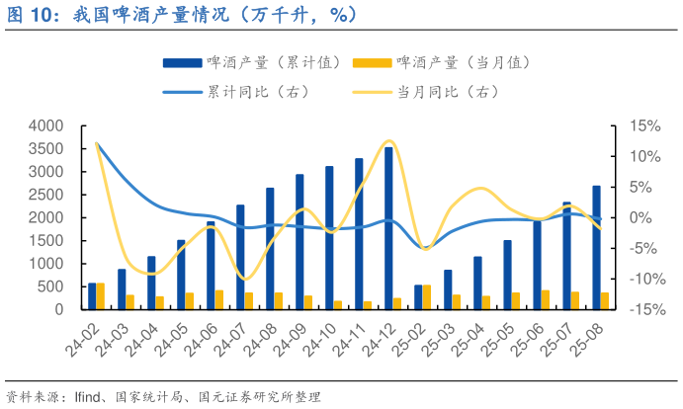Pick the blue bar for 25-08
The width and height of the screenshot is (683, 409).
click(x=596, y=247)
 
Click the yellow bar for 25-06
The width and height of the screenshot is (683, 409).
click(x=545, y=299)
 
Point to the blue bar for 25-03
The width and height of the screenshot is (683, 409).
click(x=448, y=288)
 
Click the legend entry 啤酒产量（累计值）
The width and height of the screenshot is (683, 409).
click(x=252, y=62)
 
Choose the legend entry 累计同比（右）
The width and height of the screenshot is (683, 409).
click(x=237, y=92)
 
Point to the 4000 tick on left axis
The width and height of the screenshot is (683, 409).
click(x=45, y=126)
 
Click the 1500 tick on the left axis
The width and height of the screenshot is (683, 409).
click(x=45, y=241)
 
